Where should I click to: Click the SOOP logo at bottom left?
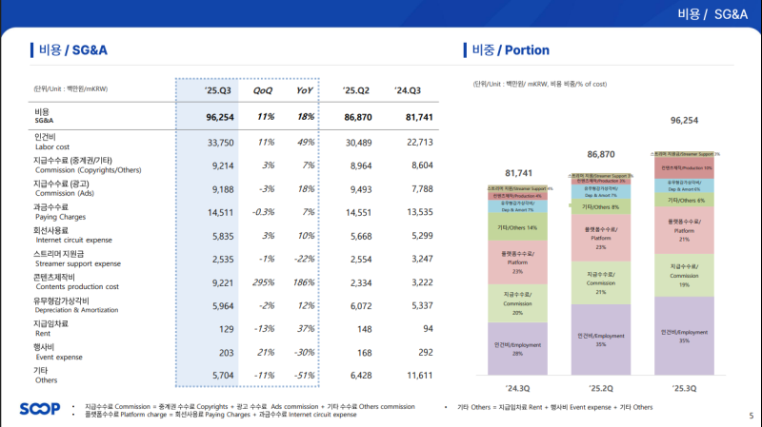(38, 409)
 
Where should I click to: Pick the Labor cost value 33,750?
(220, 143)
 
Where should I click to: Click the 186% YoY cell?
(304, 282)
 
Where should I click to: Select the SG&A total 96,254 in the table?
(220, 116)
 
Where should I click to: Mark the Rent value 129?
(226, 329)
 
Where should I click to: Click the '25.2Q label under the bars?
(600, 388)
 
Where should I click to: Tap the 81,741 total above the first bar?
(518, 173)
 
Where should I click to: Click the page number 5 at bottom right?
(751, 416)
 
